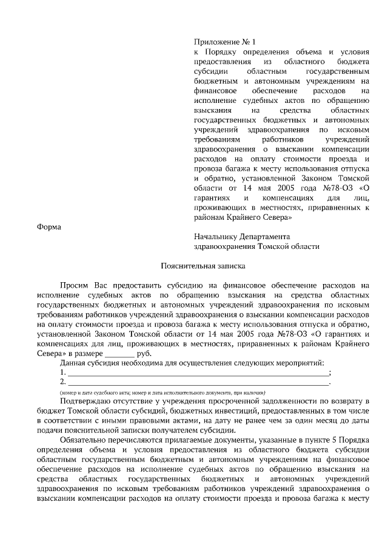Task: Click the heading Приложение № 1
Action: pyautogui.click(x=225, y=42)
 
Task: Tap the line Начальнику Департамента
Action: pyautogui.click(x=242, y=236)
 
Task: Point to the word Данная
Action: pyautogui.click(x=73, y=363)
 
